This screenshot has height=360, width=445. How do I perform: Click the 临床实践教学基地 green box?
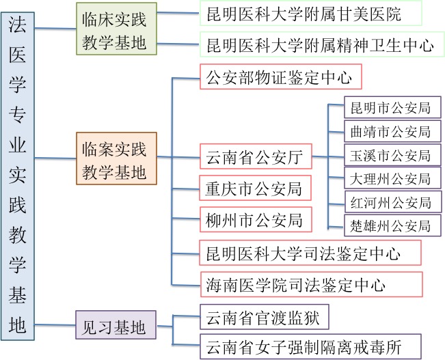(115, 29)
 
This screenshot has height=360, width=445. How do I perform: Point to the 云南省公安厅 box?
(255, 157)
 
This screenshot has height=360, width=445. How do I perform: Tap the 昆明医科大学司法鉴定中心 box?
(310, 252)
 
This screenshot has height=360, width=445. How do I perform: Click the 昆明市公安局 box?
(391, 108)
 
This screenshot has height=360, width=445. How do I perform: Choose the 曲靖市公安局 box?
(391, 132)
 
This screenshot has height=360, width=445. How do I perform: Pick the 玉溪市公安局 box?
(391, 156)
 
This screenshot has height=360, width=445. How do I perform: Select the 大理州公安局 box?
(391, 179)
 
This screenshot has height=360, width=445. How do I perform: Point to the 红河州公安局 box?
(391, 203)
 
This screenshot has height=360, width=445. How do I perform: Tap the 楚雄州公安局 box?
(391, 226)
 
